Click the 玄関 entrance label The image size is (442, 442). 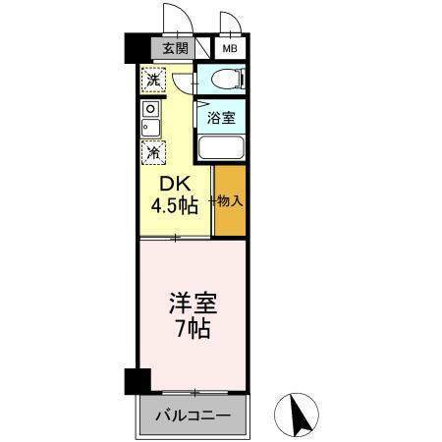tap(175, 48)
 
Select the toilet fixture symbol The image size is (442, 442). tap(221, 80)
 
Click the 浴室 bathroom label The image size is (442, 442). tap(220, 118)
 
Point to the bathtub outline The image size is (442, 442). tap(222, 148)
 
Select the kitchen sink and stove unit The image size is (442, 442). tap(150, 119)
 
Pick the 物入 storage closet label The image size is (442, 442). tap(228, 201)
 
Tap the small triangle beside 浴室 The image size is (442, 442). tap(200, 101)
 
